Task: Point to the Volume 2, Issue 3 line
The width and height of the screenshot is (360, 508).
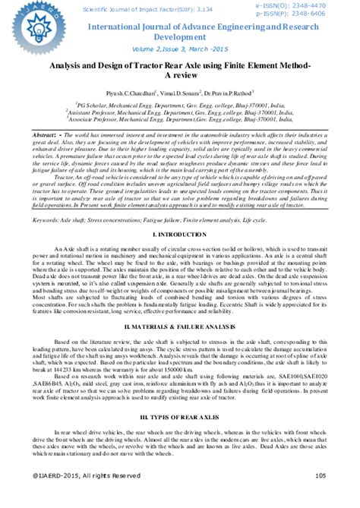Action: (x=180, y=49)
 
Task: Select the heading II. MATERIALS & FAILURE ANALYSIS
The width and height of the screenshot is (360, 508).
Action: (x=180, y=346)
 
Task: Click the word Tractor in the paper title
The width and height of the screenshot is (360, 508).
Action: (x=147, y=66)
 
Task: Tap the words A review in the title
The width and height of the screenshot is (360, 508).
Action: (x=180, y=77)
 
